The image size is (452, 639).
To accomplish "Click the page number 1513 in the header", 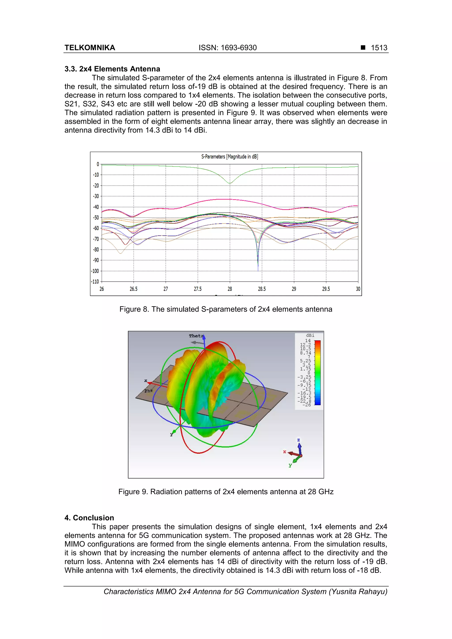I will (379, 48).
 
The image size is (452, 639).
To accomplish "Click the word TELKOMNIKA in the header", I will (90, 48).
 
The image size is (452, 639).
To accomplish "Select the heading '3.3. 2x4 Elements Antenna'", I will (112, 69).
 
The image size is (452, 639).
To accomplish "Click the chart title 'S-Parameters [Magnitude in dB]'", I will (230, 157).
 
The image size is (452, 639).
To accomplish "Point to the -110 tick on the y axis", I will (95, 281).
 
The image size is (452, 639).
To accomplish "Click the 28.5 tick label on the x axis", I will (262, 289).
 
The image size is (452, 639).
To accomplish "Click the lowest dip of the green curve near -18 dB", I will (230, 183).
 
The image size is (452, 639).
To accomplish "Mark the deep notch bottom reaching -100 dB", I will (258, 270).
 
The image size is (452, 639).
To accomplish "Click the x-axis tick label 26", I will (102, 289).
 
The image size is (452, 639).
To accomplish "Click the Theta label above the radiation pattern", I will (196, 336).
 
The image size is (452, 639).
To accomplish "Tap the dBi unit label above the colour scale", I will (310, 335).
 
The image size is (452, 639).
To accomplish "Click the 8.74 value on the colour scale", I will (305, 353).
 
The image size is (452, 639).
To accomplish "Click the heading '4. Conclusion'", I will (89, 518).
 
